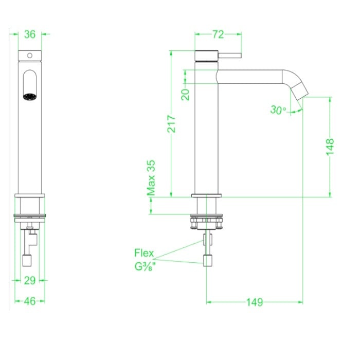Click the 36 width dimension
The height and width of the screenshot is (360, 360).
30,34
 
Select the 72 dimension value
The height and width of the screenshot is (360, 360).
218,34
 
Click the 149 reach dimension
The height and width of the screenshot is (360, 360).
254,302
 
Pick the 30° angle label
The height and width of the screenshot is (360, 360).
278,110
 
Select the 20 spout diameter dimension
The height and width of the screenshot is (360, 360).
186,94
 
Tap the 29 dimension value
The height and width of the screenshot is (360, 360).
30,281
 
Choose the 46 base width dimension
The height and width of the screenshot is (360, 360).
30,301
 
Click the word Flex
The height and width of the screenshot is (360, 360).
143,253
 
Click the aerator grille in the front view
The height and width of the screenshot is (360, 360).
29,96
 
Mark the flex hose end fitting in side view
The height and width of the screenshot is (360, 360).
207,260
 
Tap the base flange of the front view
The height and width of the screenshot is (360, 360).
30,196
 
